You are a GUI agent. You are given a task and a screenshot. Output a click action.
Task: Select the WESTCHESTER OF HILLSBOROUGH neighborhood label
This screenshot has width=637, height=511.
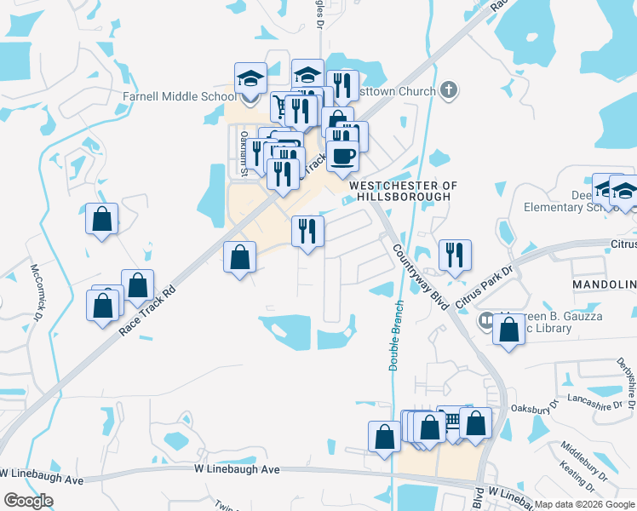403,191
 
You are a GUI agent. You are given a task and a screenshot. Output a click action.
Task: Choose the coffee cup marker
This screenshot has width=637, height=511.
342,156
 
